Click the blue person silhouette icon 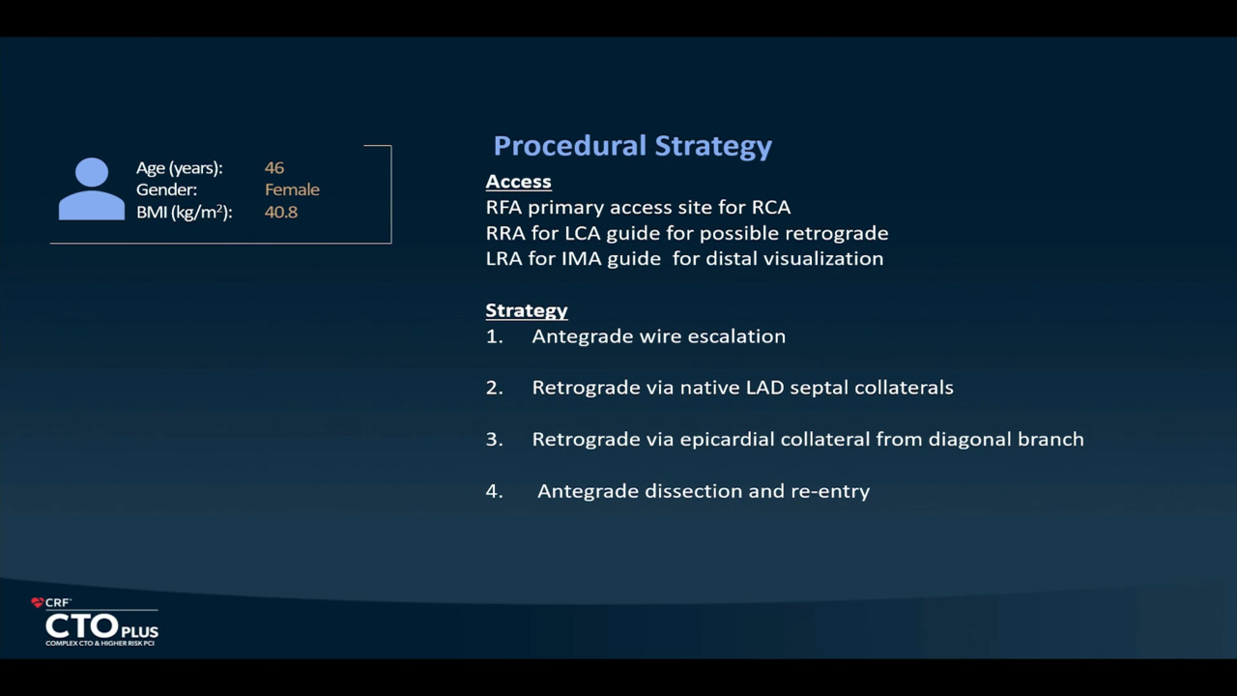(x=92, y=188)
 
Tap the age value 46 (x=274, y=168)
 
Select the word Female (x=292, y=190)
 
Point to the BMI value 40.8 (x=281, y=212)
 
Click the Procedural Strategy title (x=632, y=146)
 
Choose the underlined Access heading (x=519, y=182)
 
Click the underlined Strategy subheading (x=527, y=310)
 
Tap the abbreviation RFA (x=503, y=208)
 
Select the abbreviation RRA (x=505, y=234)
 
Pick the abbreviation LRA (x=503, y=259)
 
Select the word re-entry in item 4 (x=830, y=492)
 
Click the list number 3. (x=493, y=440)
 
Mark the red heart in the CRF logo (x=38, y=602)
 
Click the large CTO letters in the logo (x=82, y=627)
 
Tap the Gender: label (x=166, y=190)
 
